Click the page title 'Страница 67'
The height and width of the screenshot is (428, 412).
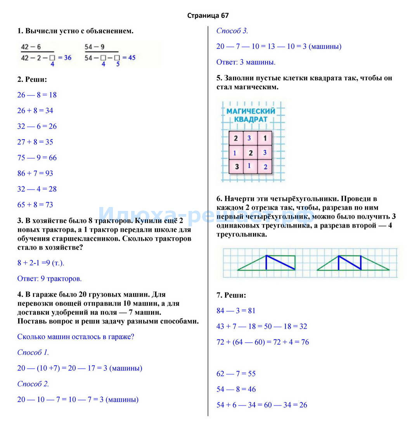coord(208,16)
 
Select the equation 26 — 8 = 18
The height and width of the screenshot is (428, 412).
coord(37,95)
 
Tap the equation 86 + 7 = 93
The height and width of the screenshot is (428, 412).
coord(35,173)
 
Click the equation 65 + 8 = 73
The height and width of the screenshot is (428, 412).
coord(35,205)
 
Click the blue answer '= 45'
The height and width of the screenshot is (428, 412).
coord(129,57)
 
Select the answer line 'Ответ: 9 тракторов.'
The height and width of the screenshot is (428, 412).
coord(49,278)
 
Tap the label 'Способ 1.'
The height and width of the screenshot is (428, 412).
coord(33,352)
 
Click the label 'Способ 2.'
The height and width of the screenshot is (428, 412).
coord(33,384)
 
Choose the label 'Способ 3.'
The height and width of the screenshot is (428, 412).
coord(232,31)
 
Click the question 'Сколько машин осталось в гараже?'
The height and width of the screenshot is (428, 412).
coord(76,337)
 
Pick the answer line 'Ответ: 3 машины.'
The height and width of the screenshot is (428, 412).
coord(246,62)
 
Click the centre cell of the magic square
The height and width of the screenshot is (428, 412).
coord(250,153)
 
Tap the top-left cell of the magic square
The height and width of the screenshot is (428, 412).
coord(236,138)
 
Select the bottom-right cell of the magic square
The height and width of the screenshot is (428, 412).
coord(265,167)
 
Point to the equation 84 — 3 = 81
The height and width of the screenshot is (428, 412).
coord(236,311)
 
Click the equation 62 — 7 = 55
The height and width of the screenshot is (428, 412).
coord(236,374)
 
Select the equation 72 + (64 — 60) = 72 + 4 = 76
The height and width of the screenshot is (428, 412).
coord(263,342)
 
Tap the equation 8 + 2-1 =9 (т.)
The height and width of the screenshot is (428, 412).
coord(41,263)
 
